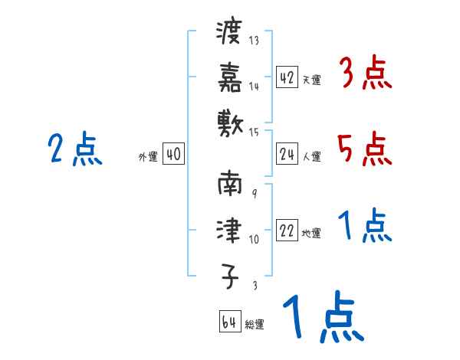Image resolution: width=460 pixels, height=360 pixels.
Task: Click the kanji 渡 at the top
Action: (229, 33)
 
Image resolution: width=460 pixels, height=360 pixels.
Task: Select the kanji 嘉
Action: (229, 77)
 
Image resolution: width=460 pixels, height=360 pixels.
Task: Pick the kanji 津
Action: (229, 229)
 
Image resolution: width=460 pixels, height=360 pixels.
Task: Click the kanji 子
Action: (229, 273)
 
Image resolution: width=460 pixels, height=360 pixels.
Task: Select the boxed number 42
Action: (287, 77)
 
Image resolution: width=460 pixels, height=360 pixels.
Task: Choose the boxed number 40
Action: (173, 155)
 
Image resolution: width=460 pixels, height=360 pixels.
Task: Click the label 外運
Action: (147, 157)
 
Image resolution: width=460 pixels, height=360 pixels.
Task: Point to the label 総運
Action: (255, 325)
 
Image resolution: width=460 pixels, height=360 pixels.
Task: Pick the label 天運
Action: (311, 80)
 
